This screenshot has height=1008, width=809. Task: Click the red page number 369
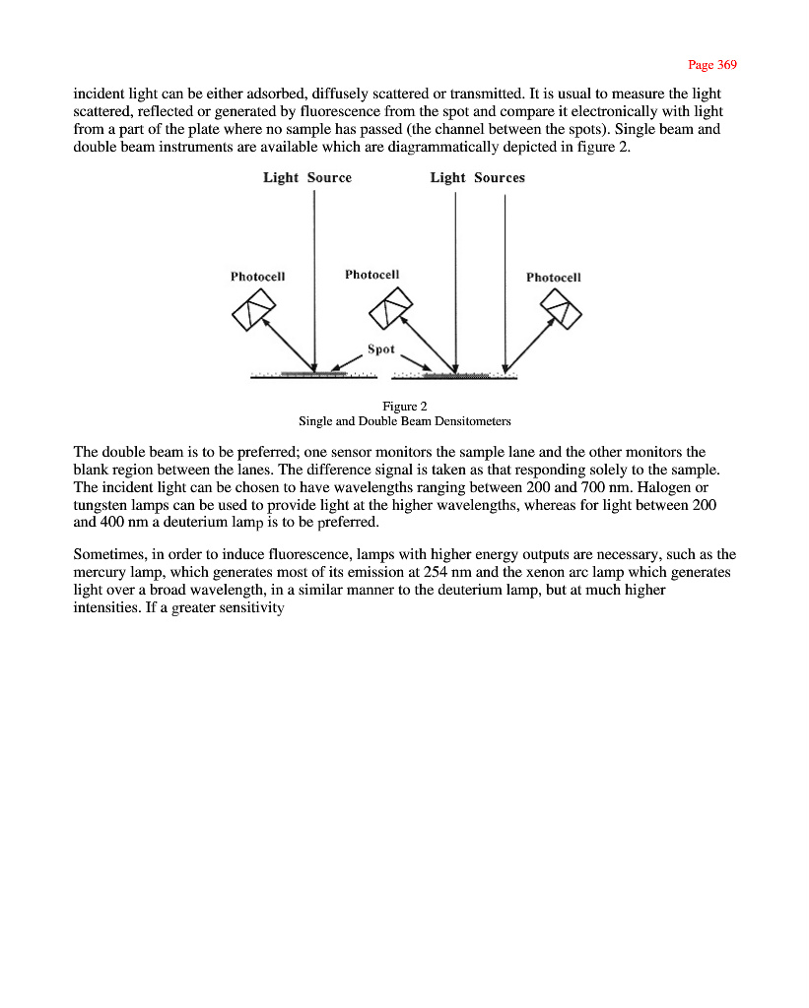[x=711, y=65]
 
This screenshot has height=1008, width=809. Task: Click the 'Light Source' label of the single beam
[x=306, y=178]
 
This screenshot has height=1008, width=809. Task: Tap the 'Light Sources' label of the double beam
[x=477, y=178]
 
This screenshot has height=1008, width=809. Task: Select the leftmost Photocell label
[x=258, y=277]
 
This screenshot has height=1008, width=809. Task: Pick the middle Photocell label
[x=371, y=274]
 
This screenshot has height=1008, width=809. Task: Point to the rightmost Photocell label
[x=553, y=278]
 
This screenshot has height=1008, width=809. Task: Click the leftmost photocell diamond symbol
[x=250, y=313]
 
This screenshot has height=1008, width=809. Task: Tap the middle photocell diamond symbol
[x=387, y=312]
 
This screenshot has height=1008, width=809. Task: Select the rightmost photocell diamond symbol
[x=563, y=313]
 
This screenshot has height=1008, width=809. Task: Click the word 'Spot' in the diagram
[x=380, y=348]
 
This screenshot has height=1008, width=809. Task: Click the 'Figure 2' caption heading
[x=404, y=407]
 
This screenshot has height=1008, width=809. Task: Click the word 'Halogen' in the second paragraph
[x=680, y=487]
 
